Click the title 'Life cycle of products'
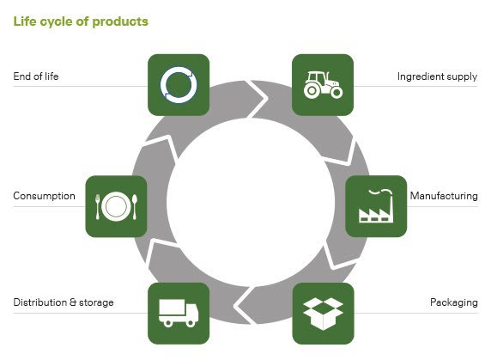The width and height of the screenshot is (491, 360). tap(81, 21)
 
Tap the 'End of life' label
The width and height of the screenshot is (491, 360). tap(36, 76)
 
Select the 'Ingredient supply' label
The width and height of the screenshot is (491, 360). tap(437, 76)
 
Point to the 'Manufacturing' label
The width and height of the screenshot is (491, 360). tap(444, 196)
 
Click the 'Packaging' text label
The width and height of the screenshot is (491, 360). tap(454, 302)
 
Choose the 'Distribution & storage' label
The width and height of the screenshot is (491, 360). tap(64, 302)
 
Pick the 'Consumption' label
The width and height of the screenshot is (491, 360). tap(44, 196)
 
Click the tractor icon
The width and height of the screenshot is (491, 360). tap(323, 85)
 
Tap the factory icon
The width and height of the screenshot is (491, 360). tap(376, 206)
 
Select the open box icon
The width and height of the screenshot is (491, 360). tap(323, 314)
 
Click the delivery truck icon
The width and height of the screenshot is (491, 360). tap(179, 313)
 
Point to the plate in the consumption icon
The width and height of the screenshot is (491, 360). tap(116, 206)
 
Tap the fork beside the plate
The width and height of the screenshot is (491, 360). tap(97, 207)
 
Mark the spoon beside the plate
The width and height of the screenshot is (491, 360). tap(135, 207)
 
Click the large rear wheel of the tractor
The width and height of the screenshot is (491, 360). tap(312, 90)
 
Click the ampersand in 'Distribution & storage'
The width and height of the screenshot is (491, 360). tap(73, 302)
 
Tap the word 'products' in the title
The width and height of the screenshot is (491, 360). tap(120, 22)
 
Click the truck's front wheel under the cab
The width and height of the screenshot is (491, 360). tap(191, 323)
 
